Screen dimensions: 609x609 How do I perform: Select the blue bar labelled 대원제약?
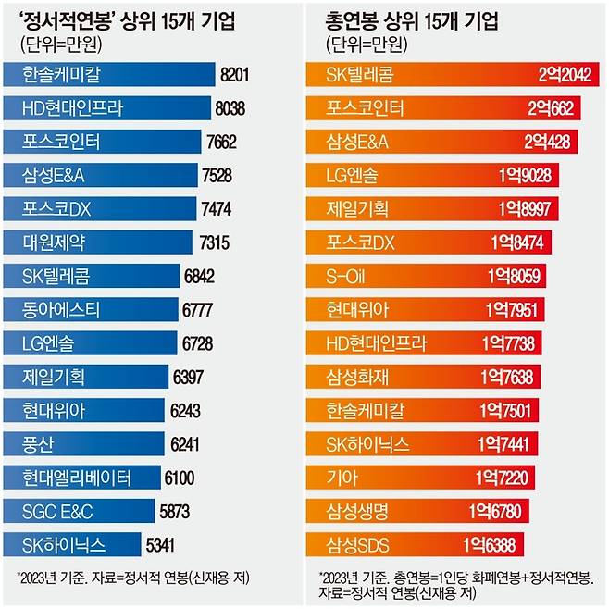pyautogui.click(x=102, y=242)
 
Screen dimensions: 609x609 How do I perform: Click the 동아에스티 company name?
pyautogui.click(x=62, y=309)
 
